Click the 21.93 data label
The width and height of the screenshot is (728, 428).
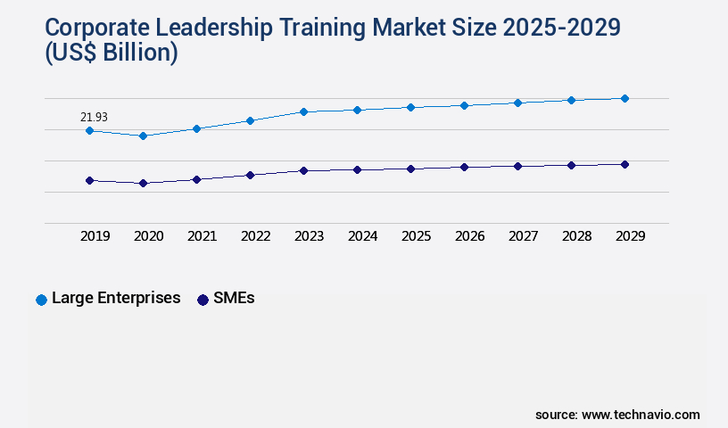95,117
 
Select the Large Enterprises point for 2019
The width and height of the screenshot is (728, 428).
89,131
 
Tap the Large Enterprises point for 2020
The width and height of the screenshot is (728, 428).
143,136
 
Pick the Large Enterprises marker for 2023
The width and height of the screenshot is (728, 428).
303,111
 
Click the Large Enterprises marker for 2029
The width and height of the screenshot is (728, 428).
625,98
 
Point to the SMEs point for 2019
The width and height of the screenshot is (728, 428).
89,180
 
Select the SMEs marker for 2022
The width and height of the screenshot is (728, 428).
250,175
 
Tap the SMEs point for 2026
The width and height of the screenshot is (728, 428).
464,167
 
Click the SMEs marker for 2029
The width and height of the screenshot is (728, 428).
625,164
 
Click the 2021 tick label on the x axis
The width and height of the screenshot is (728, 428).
203,236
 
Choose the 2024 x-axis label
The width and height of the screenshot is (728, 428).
363,236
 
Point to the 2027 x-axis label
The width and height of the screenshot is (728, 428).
524,236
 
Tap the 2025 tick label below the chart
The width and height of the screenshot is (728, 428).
417,236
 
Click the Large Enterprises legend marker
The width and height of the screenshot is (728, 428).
41,300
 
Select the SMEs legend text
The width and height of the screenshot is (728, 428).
234,299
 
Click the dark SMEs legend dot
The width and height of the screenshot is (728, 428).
203,300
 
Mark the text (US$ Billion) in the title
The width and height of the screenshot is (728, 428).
110,54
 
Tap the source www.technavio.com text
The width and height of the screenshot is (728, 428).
617,415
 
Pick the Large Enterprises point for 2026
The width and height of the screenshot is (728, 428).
464,105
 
